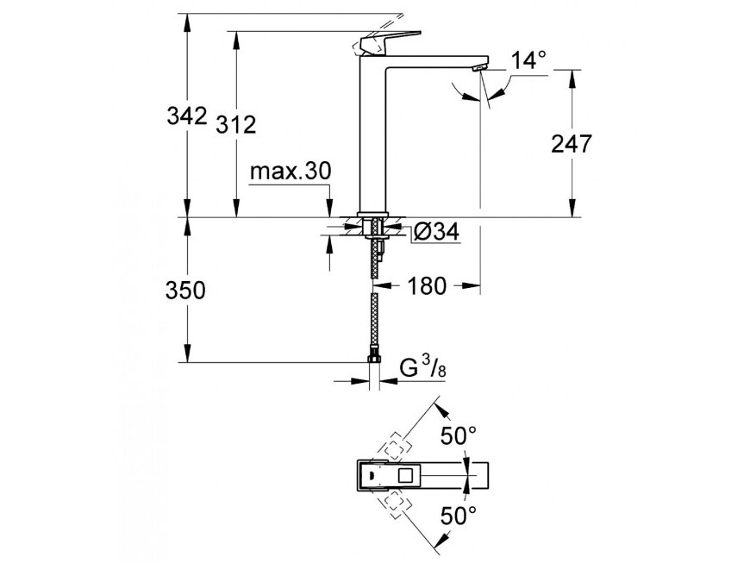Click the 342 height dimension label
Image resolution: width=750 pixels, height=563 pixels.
coord(187,116)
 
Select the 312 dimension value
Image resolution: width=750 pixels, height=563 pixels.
coord(236,125)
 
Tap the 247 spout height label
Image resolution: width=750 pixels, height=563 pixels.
coord(572,143)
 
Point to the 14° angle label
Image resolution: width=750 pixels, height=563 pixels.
coord(528,60)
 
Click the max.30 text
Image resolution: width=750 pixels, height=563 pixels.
coord(291,171)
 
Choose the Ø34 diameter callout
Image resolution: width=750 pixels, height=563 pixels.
coord(436,232)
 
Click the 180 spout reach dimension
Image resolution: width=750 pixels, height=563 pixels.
coord(427,285)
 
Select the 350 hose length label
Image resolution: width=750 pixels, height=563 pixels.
coord(185,291)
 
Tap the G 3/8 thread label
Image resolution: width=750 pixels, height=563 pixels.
coord(422,369)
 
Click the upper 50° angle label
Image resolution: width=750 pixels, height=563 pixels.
coord(459,435)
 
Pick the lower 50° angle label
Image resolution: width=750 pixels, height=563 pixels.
coord(459,516)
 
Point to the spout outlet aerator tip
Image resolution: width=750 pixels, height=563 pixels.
coord(480,69)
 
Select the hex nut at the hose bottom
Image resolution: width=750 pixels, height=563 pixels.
coord(373,359)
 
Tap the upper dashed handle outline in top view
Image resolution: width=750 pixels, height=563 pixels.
coord(395,447)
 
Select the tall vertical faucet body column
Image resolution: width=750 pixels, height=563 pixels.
coord(373,134)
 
